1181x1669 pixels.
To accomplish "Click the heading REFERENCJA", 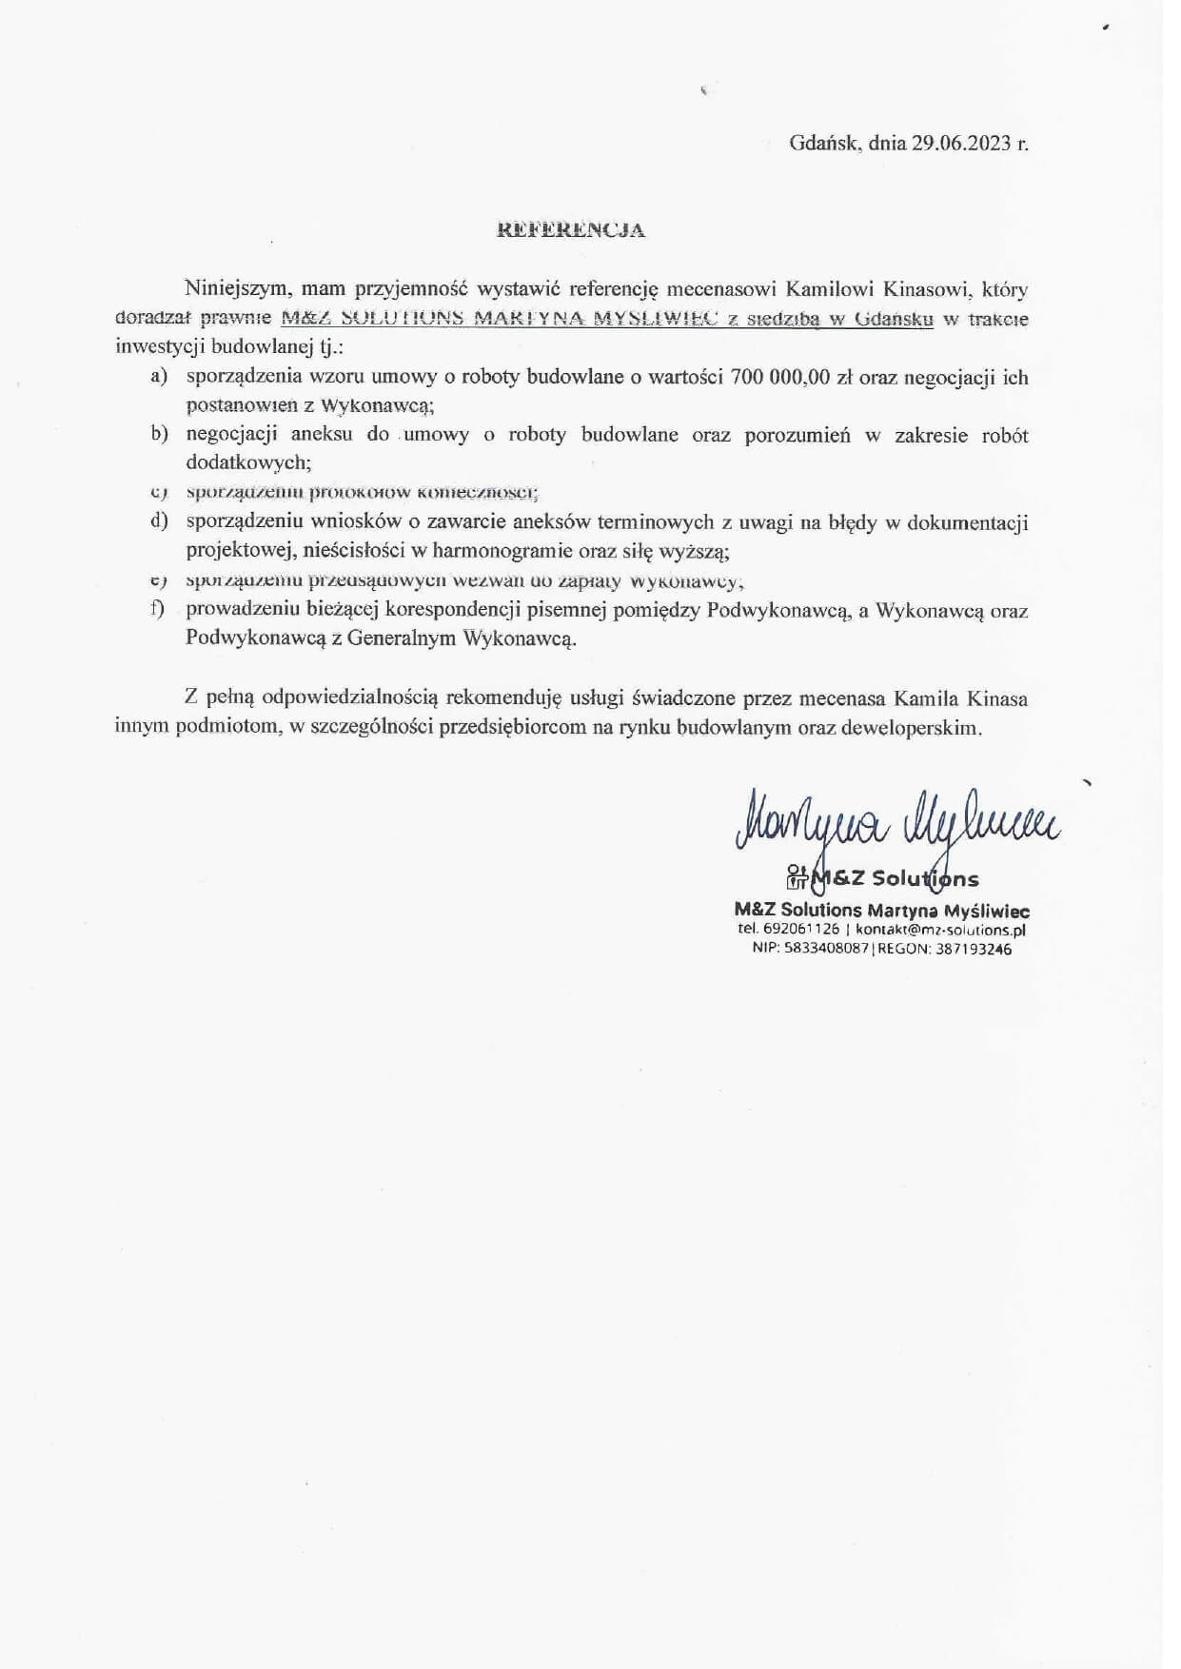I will pos(572,229).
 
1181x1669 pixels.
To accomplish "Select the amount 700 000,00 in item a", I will pos(780,377).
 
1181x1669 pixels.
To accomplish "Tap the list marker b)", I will pos(159,435).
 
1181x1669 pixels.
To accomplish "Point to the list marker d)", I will pos(159,521).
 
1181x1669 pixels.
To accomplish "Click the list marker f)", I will pos(158,609).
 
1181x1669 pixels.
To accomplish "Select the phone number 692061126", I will pos(801,929).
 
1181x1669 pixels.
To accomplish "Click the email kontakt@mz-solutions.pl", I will pos(940,929).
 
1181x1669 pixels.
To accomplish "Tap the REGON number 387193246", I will pos(974,949).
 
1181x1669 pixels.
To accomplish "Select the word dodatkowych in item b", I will pos(247,463).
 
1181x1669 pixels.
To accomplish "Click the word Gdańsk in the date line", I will pos(824,144).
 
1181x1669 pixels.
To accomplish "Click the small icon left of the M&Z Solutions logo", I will pos(797,877).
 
